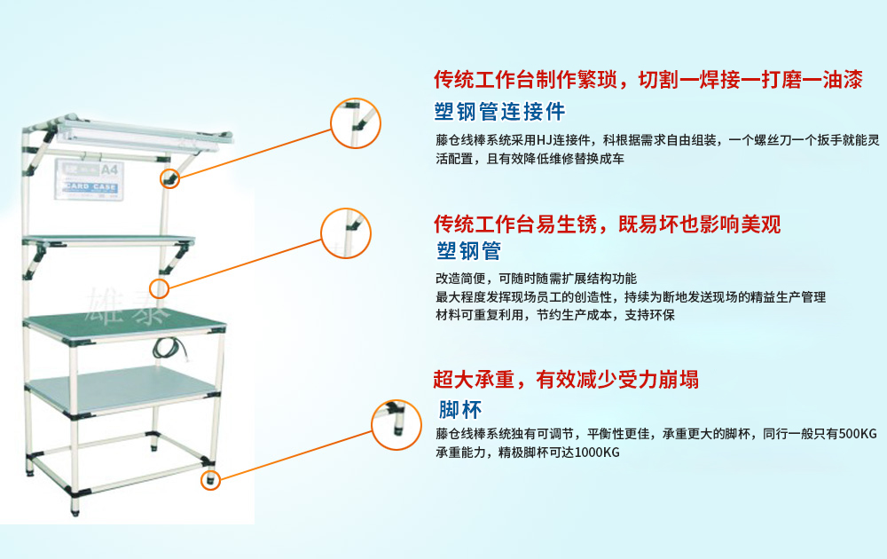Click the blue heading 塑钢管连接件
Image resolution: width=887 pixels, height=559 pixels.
coord(500,113)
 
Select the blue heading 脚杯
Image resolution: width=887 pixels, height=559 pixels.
coord(460,411)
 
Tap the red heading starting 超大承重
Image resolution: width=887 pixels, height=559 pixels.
coord(565,381)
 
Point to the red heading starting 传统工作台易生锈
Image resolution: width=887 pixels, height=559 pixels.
coord(607,224)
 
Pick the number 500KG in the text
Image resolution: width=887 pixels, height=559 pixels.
coord(856,434)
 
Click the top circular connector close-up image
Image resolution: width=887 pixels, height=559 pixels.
coord(356,122)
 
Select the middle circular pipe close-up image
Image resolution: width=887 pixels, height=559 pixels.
coord(345,233)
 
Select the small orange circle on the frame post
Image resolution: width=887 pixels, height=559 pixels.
coord(160,287)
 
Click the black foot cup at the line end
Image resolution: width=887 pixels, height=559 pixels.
coord(211,480)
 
